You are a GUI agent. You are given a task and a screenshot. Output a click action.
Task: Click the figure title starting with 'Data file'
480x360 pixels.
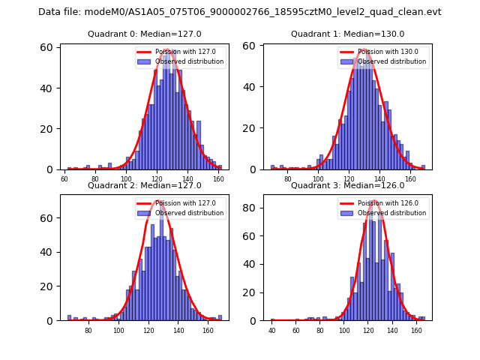(x=240, y=12)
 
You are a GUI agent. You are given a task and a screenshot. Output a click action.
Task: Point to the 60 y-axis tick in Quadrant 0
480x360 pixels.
(x=46, y=47)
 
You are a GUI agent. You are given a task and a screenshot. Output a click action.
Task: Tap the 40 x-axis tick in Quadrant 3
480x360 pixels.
(x=271, y=330)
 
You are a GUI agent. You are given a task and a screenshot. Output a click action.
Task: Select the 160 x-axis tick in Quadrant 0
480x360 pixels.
(x=218, y=179)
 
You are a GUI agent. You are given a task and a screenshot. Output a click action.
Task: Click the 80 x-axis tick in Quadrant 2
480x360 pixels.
(x=88, y=330)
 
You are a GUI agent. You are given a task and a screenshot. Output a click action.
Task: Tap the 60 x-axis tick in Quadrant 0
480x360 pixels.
(x=64, y=179)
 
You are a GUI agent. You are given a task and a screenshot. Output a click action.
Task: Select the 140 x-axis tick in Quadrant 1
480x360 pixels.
(x=379, y=179)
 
